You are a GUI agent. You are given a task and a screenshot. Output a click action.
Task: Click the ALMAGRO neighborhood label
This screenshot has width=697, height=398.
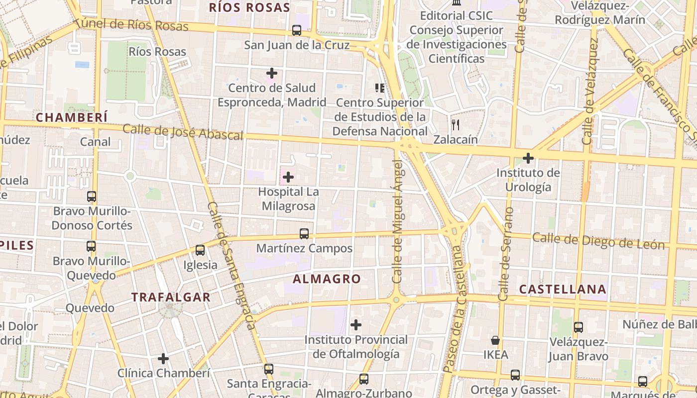327,279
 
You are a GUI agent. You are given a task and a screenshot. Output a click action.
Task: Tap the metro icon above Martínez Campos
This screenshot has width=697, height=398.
304,233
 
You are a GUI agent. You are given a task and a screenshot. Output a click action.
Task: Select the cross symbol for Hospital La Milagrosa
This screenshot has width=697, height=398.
288,177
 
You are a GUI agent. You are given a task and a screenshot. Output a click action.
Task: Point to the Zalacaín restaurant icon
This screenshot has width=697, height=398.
455,124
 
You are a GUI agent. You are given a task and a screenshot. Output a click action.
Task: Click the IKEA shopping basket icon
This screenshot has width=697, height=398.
495,340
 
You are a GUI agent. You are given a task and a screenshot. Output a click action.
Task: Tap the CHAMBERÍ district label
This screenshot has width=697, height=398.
72,117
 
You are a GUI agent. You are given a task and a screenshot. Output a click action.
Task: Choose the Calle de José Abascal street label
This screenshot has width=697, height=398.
183,132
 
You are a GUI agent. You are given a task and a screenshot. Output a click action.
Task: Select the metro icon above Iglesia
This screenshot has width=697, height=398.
200,250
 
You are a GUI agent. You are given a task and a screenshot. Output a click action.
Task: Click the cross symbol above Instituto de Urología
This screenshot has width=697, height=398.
528,159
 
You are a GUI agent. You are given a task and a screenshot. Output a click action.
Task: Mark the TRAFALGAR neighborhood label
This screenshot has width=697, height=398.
171,298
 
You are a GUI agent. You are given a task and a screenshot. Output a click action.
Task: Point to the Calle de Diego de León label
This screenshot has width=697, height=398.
598,241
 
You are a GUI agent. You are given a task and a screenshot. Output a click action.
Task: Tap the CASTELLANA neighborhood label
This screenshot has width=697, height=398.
563,289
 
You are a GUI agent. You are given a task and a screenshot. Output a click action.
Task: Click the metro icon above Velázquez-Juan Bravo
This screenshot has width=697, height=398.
578,327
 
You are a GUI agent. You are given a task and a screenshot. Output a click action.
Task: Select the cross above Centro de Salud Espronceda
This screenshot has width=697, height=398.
271,73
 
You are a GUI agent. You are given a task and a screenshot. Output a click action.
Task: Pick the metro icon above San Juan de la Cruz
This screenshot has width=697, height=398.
297,30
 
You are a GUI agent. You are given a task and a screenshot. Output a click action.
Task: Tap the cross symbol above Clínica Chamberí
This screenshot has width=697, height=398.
163,358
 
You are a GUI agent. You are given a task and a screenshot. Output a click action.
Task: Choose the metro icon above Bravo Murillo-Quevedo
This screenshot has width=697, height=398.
91,246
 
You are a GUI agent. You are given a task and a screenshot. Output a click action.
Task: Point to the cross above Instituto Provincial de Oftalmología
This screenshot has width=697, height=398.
355,325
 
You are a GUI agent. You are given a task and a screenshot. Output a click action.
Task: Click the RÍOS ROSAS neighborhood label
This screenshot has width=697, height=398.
249,7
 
